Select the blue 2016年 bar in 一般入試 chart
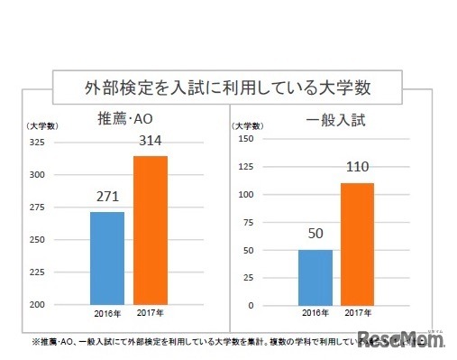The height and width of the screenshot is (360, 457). pyautogui.click(x=315, y=277)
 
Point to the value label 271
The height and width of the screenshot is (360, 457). pyautogui.click(x=107, y=198)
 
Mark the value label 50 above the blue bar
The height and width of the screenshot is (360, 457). pyautogui.click(x=315, y=234)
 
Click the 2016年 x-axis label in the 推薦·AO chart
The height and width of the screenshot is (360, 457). pyautogui.click(x=107, y=315)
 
